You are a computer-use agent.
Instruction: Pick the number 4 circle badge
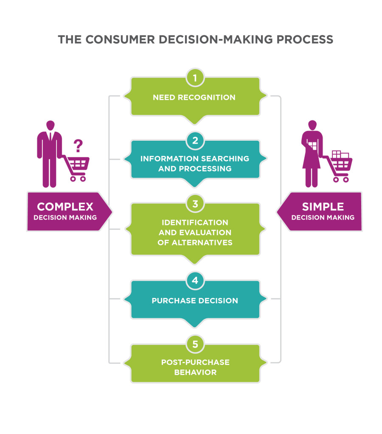click(x=195, y=281)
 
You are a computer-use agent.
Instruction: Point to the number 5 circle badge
click(x=195, y=344)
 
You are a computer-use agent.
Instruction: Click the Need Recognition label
click(x=194, y=97)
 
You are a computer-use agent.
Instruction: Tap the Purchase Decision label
click(x=195, y=301)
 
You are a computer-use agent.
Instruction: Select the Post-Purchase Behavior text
click(x=195, y=367)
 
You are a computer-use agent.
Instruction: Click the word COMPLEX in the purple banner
click(x=65, y=207)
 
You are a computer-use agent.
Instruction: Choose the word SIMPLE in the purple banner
click(x=323, y=207)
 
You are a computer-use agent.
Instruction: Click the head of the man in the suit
click(x=50, y=125)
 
